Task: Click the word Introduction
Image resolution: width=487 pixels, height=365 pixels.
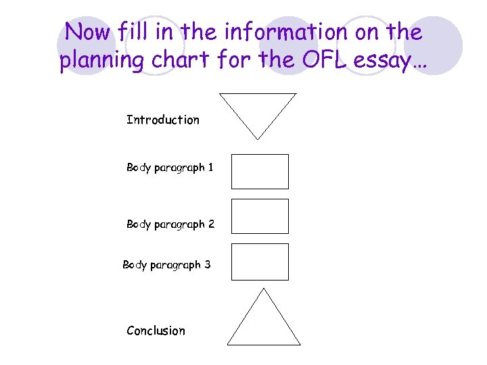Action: click(163, 120)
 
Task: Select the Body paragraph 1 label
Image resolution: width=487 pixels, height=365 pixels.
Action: click(170, 168)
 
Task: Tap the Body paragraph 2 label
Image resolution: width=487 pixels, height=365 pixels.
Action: click(170, 224)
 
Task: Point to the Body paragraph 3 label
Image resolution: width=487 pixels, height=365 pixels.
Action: click(166, 265)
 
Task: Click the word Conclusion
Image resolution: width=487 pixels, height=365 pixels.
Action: click(156, 331)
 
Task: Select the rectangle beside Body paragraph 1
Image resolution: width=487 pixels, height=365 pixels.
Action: click(260, 172)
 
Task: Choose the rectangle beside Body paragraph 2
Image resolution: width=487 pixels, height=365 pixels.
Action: click(260, 216)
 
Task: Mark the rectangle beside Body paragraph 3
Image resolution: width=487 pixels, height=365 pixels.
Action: click(260, 262)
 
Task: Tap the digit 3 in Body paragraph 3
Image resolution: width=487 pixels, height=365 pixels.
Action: click(207, 265)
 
